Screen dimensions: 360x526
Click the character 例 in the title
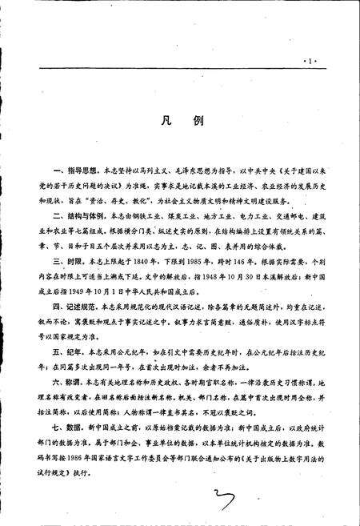[x=198, y=123]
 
